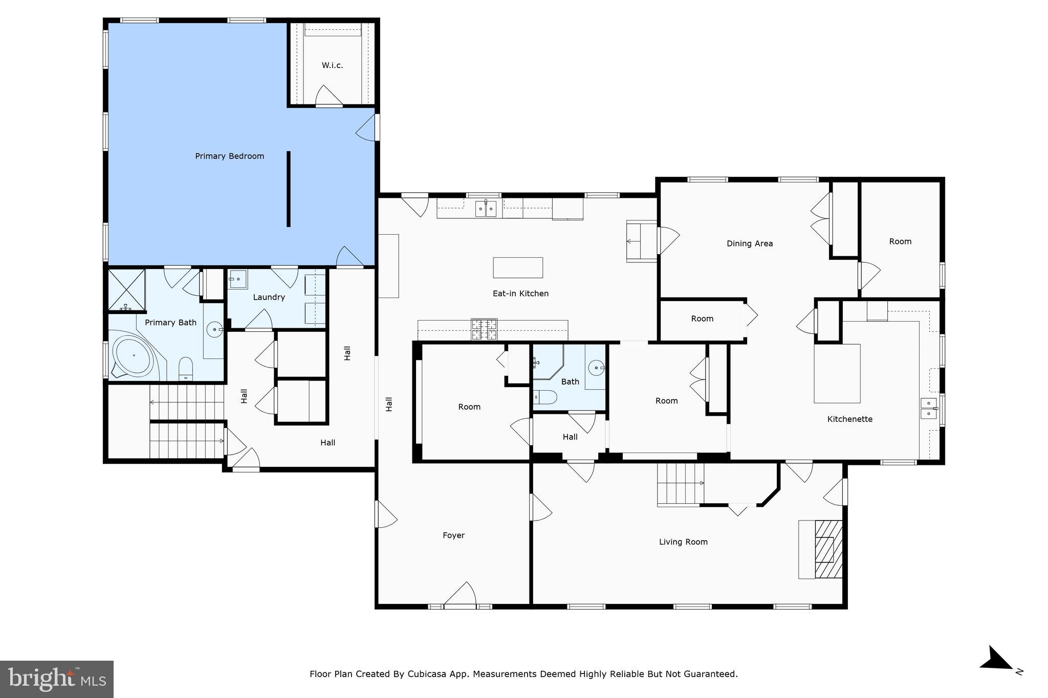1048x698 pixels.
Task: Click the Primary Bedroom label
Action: click(229, 156)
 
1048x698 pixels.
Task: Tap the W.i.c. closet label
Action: click(332, 65)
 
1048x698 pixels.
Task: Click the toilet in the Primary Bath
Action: click(186, 369)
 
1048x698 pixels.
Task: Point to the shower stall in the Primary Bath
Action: click(126, 290)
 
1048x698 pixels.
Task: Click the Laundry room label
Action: click(269, 297)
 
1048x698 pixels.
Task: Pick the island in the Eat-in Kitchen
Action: click(518, 267)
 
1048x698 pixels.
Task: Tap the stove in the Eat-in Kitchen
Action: click(484, 329)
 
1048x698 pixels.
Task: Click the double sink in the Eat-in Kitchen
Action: click(486, 209)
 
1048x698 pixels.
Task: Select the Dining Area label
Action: click(750, 243)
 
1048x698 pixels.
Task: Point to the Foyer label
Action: click(453, 535)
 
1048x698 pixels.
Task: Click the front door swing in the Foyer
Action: click(460, 594)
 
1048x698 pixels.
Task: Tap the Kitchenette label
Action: click(850, 419)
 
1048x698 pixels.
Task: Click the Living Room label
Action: click(683, 542)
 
